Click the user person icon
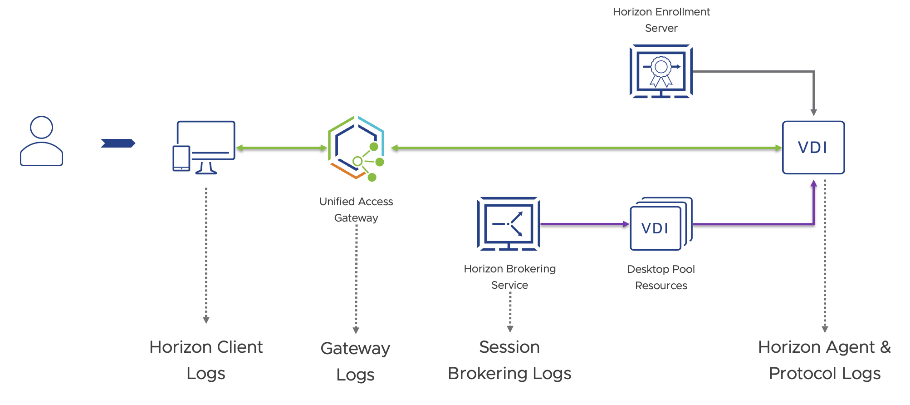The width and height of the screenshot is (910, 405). point(41,141)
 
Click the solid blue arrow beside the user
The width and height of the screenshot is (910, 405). point(118,143)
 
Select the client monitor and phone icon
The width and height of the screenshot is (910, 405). point(204,147)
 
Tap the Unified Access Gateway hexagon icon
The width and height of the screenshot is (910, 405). point(356,148)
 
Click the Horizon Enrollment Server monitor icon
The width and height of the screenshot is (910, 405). point(661,71)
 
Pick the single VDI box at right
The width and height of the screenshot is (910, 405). point(813,148)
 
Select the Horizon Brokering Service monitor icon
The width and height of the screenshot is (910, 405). point(509,223)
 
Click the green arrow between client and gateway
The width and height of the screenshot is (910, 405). point(281,148)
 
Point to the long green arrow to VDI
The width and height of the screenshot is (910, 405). point(585,148)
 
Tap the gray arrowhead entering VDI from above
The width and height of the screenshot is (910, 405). point(813,112)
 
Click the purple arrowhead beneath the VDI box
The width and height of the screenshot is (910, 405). point(813,184)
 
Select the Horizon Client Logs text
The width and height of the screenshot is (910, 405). point(206,360)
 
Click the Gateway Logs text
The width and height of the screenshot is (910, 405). point(355,361)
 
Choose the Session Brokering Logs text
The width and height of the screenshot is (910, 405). point(509,360)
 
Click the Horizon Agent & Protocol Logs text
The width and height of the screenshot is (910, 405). point(824,360)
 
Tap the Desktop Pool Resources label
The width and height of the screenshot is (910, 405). point(661,277)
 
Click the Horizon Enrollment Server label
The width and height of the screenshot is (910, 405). point(661,20)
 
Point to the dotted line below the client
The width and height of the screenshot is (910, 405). point(206,254)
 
